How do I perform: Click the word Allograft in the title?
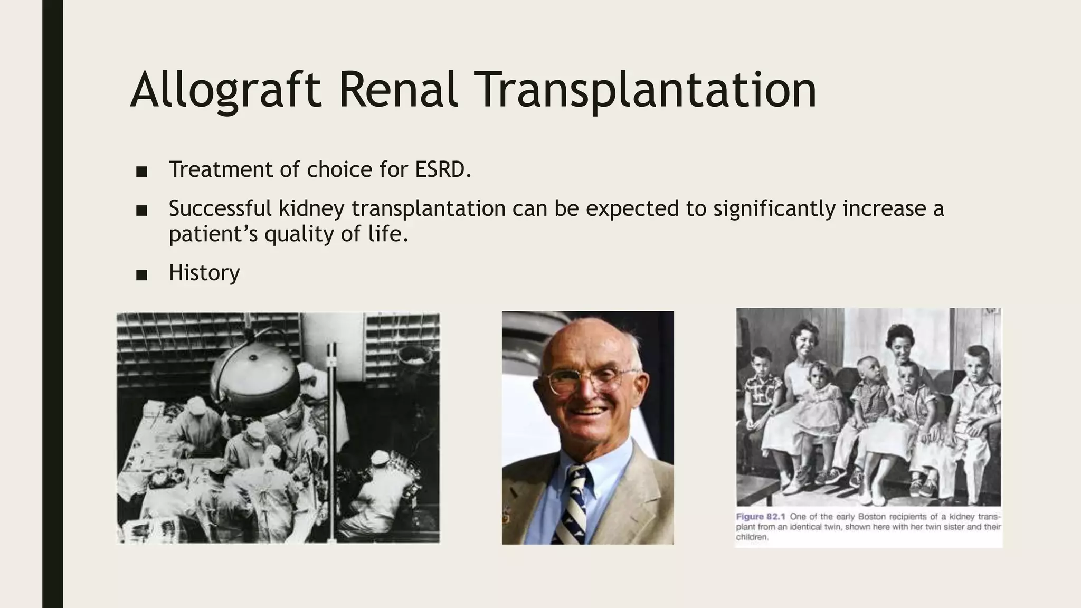click(x=226, y=90)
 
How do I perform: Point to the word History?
click(x=204, y=273)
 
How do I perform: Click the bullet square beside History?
click(x=141, y=275)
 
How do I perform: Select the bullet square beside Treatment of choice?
click(x=141, y=172)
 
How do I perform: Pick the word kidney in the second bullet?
click(x=311, y=208)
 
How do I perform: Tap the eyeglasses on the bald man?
click(x=586, y=381)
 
